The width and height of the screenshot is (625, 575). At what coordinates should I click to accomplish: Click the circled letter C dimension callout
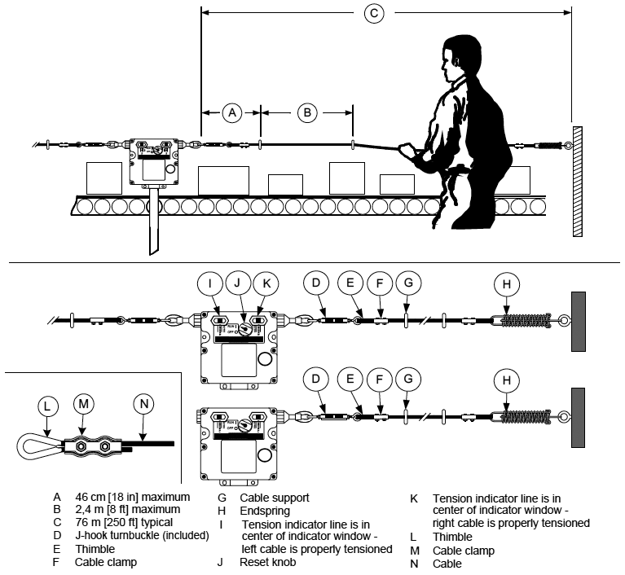pos(374,13)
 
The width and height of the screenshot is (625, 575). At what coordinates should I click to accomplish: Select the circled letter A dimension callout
pos(232,113)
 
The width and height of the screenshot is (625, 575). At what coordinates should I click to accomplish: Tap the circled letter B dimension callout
pos(307,113)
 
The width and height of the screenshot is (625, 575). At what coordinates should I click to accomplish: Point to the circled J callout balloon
pos(237,284)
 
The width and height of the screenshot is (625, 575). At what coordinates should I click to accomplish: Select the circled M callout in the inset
pos(83,404)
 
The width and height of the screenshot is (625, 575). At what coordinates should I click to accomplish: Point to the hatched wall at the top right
pos(577,181)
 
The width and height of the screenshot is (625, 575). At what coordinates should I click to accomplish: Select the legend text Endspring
pos(265,509)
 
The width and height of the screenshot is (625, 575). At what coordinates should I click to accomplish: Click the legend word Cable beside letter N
pos(447,563)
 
